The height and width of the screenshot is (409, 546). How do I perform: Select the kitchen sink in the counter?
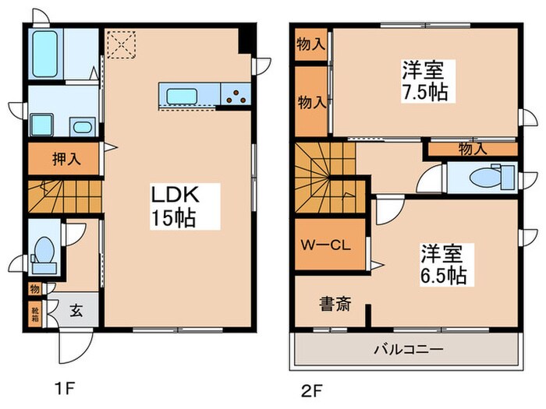183,95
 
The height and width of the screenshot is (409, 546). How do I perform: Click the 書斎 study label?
333,303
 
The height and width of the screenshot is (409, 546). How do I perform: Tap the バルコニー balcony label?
408,351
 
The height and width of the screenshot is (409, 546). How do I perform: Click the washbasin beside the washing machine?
81,126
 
